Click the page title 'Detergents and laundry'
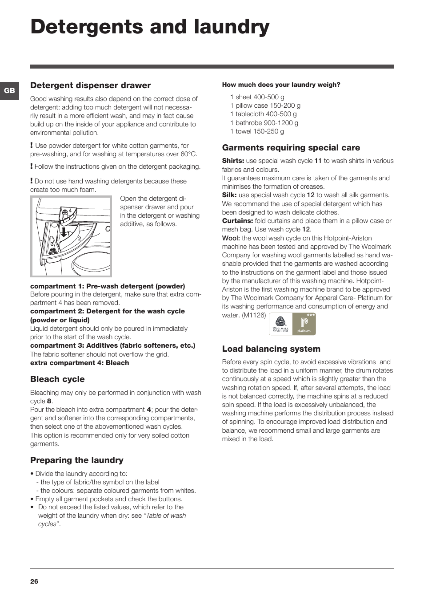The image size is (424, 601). click(150, 27)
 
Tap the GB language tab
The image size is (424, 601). click(9, 91)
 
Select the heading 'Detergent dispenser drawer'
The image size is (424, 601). click(90, 85)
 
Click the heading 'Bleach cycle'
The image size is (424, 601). click(57, 379)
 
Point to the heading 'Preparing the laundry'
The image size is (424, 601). click(77, 460)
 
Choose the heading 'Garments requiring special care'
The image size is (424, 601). click(291, 148)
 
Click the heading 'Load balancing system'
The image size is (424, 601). click(271, 349)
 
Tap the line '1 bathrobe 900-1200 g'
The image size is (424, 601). click(264, 123)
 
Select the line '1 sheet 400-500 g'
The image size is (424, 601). click(257, 97)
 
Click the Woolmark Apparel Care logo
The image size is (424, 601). click(280, 324)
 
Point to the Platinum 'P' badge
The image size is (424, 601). click(304, 324)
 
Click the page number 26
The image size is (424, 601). click(34, 581)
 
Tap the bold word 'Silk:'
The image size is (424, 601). click(229, 195)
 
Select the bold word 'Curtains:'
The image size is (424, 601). click(237, 221)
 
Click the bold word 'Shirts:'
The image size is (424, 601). click(233, 161)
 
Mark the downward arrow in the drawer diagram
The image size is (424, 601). click(64, 232)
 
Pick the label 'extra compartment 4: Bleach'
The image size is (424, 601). click(80, 363)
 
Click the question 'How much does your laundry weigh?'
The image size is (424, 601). click(281, 85)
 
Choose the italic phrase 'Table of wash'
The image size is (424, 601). click(166, 516)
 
